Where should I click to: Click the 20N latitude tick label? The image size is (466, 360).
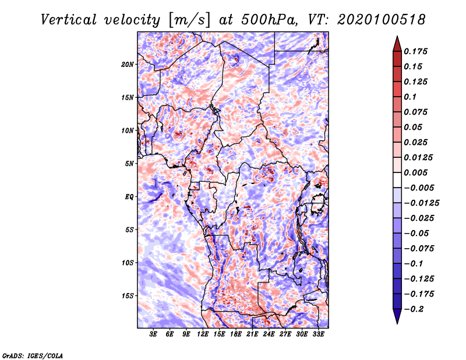pos(127,65)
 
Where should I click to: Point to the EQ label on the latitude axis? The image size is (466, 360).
pos(129,197)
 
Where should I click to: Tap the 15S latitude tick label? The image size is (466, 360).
pos(127,296)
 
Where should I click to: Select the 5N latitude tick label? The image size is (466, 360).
pos(129,164)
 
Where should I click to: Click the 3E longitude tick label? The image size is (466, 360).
pos(153,334)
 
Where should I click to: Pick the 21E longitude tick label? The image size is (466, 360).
pos(252,334)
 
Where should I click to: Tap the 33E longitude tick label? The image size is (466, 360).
pos(318,334)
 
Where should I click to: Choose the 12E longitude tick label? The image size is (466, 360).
pos(203,334)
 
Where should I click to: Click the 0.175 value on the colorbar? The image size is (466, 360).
pos(415,51)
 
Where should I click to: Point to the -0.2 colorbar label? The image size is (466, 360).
pos(414,309)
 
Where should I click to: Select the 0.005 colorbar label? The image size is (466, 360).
pos(415,172)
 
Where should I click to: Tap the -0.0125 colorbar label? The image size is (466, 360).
pos(421,203)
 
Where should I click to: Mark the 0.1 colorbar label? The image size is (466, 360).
pos(410,97)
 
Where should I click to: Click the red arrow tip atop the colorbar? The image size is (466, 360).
pos(397,36)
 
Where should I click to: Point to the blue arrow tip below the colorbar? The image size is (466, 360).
pos(397,323)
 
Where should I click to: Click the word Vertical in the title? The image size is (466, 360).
pos(69,20)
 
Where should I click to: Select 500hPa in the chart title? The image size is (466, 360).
pos(267,20)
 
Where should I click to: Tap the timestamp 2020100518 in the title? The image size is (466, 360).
pos(382,20)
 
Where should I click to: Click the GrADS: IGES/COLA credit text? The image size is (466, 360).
pos(33,356)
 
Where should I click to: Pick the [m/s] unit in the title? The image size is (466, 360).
pos(189,20)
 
